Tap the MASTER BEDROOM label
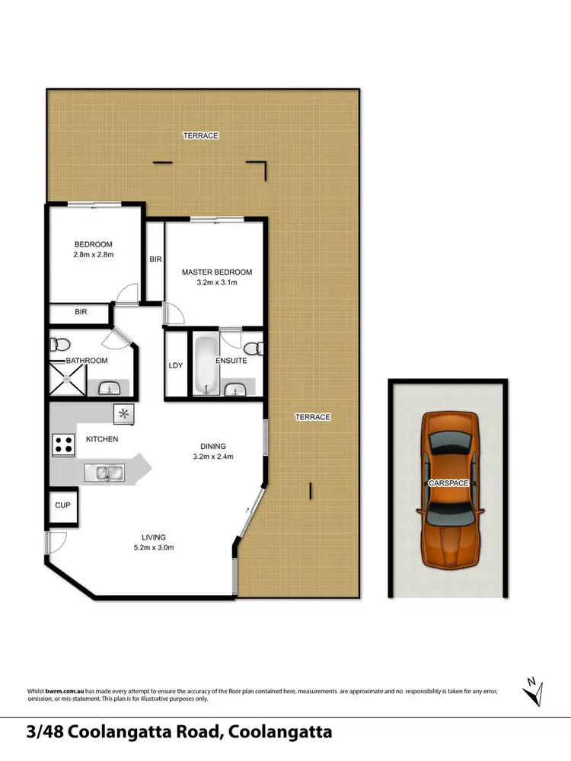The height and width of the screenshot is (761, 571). (x=216, y=272)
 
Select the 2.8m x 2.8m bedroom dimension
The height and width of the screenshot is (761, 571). (x=94, y=255)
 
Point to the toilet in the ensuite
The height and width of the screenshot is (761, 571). (x=259, y=349)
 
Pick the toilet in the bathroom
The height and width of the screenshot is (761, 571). (x=59, y=345)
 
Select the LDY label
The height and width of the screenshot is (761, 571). (x=176, y=365)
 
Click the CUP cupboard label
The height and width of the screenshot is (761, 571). (x=62, y=505)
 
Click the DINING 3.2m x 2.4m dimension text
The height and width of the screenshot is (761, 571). (x=213, y=457)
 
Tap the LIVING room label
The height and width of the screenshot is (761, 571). (x=152, y=537)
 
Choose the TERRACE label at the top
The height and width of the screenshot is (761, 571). (x=200, y=135)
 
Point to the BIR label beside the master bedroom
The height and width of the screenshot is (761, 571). (x=155, y=260)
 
